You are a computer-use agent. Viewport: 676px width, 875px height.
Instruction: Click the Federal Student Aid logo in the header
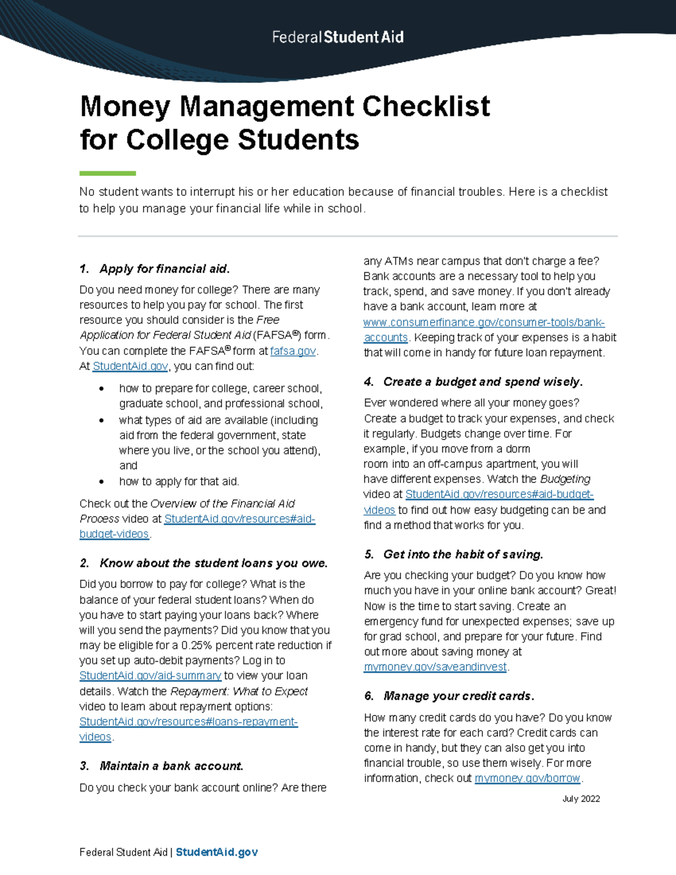337,37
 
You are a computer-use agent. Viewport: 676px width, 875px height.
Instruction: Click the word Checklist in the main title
426,106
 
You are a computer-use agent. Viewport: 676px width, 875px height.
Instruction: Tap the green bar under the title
108,173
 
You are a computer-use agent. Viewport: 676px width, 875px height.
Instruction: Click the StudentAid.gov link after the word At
130,366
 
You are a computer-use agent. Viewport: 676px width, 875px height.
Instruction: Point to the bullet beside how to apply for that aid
101,482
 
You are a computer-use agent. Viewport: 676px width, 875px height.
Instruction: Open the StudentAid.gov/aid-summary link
150,676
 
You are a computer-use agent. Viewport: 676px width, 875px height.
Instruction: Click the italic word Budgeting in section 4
565,479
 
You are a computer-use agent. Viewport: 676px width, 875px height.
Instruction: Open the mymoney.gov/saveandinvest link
435,667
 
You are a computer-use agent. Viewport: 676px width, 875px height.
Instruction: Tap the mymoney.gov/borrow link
527,778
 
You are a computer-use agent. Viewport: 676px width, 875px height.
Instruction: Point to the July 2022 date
581,799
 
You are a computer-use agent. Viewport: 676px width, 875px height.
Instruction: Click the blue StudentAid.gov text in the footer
217,852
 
